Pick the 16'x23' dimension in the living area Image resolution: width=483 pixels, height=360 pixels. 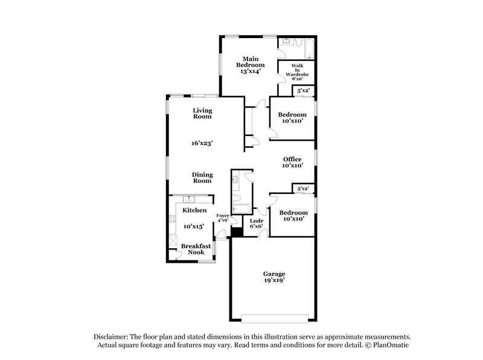[x=202, y=143]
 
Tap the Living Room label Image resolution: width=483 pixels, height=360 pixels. [x=202, y=113]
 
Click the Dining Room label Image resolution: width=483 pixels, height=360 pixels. [x=202, y=178]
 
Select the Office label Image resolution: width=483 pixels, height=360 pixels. [x=292, y=159]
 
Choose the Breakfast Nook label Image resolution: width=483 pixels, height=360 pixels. [x=196, y=249]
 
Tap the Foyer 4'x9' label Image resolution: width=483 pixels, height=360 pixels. [x=222, y=217]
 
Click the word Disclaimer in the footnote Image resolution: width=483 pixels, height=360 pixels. [x=111, y=336]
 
